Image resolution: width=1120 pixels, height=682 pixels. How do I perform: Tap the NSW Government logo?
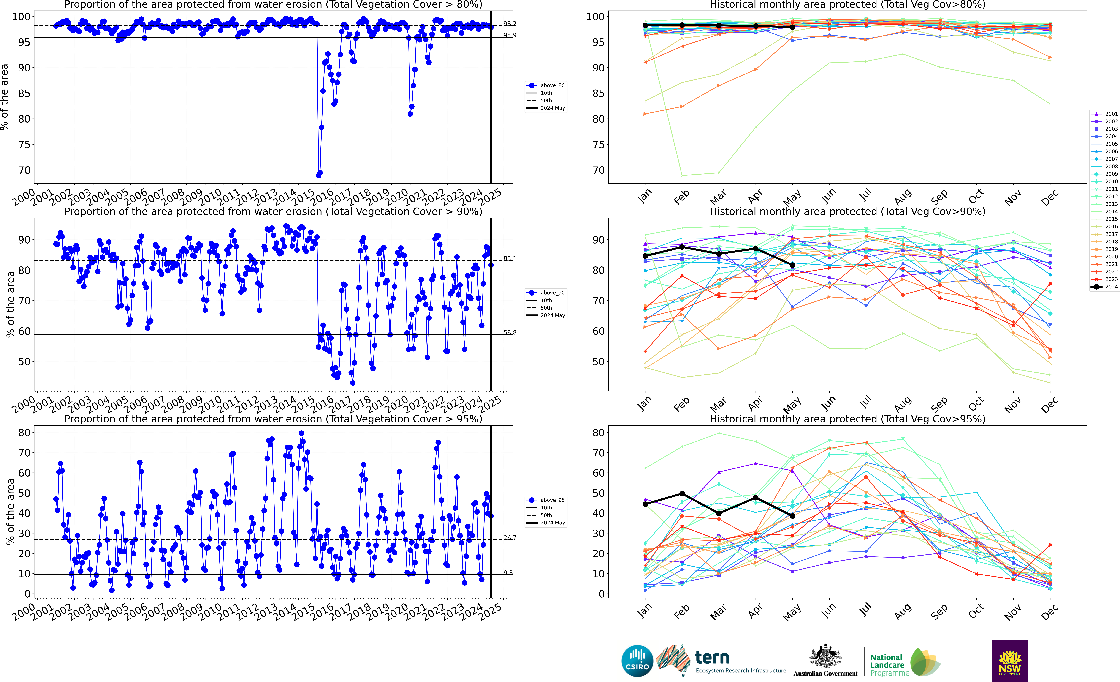[1010, 661]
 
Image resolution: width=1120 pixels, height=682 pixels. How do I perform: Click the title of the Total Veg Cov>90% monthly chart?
[847, 211]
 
